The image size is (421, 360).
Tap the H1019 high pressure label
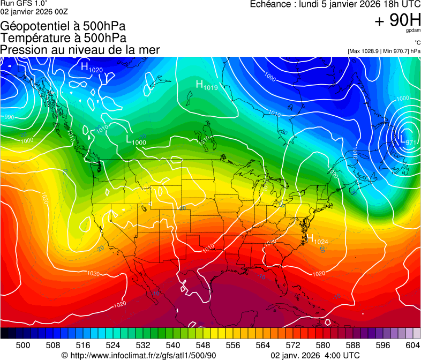coord(206,85)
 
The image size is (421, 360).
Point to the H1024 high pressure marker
coord(317,239)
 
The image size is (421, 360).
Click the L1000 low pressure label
coord(136,140)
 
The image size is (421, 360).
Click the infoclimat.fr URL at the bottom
coord(139,355)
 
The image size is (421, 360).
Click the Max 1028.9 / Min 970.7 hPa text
coord(384,51)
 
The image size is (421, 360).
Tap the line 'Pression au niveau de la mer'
coord(80,50)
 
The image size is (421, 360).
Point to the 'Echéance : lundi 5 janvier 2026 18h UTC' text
coord(335,4)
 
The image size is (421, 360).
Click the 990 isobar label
coord(9,117)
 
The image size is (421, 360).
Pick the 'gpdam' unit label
coord(413,32)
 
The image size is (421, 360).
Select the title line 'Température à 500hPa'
coord(63,38)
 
